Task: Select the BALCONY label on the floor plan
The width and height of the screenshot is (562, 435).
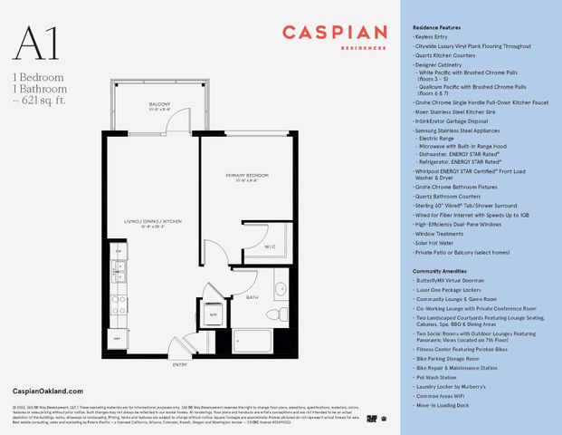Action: [160, 105]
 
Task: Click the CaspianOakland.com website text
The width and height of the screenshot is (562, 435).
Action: [43, 388]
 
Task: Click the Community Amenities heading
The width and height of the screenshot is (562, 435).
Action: [441, 271]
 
